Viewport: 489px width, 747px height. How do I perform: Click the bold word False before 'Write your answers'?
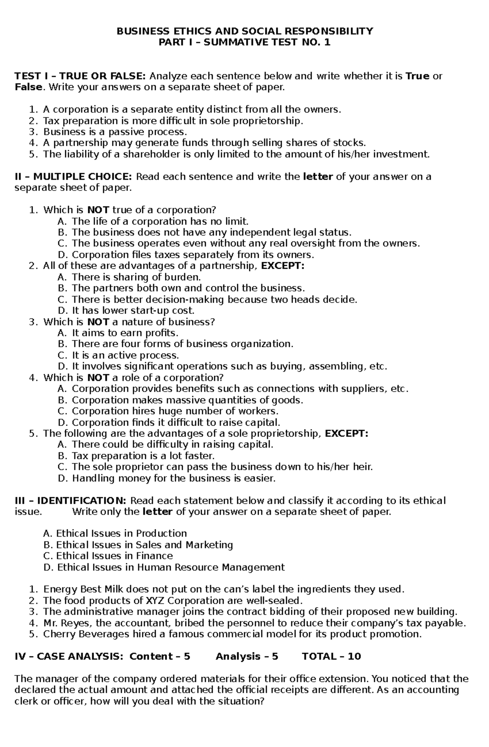[x=28, y=87]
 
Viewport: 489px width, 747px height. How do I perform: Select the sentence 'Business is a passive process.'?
[x=115, y=132]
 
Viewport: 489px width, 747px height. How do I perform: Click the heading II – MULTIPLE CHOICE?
[x=73, y=177]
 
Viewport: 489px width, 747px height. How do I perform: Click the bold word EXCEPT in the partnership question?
[x=282, y=266]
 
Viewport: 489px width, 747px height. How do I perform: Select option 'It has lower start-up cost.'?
[x=133, y=311]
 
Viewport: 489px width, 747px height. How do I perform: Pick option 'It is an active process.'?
[x=125, y=355]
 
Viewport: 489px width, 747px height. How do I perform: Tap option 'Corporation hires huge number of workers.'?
[x=175, y=411]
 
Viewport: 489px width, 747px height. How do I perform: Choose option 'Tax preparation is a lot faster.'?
[x=143, y=456]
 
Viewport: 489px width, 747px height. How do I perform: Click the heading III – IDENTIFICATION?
[x=71, y=501]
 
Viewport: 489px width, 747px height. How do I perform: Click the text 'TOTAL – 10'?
[x=331, y=657]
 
